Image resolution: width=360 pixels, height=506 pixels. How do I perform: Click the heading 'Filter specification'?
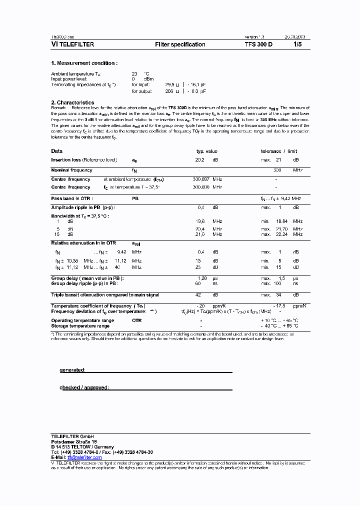tap(180, 44)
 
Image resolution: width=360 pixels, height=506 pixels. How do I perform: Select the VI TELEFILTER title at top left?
tap(72, 44)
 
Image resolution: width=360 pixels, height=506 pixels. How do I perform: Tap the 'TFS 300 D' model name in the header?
tap(259, 44)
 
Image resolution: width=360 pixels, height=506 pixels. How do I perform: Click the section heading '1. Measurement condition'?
tap(84, 63)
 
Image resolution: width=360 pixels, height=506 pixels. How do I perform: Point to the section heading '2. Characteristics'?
tap(72, 102)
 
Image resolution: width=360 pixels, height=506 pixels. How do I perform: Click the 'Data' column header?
tap(57, 151)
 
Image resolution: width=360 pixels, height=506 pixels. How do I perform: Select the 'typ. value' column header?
tap(206, 151)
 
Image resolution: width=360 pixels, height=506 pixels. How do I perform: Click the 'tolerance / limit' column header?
tap(278, 151)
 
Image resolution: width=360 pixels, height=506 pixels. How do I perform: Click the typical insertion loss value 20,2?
tap(199, 160)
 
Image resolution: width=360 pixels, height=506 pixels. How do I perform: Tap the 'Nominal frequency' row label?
tap(71, 170)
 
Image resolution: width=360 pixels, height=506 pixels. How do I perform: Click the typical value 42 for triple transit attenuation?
tap(198, 295)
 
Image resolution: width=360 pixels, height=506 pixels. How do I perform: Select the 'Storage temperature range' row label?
tap(80, 326)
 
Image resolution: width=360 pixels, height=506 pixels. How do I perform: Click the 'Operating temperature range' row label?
tap(82, 320)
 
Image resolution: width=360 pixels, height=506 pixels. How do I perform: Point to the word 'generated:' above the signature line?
tap(72, 370)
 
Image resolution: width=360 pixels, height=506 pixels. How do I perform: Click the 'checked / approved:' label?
tap(84, 387)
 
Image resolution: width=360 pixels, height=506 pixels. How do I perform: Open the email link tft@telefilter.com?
tap(84, 457)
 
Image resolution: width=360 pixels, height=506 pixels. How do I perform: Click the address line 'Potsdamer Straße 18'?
tap(74, 442)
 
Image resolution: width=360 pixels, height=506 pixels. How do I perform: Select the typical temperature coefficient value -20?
tap(200, 305)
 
